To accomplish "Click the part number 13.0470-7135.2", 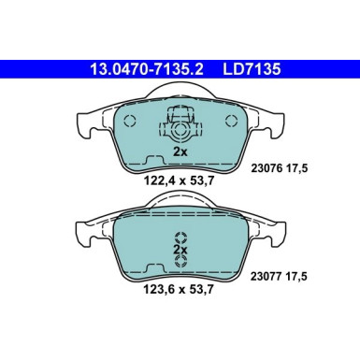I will click(x=140, y=68).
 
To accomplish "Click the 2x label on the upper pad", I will click(x=181, y=150).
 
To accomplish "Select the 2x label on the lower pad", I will click(x=181, y=251).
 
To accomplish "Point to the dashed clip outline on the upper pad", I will click(x=181, y=122).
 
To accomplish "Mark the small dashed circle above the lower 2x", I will click(x=181, y=238).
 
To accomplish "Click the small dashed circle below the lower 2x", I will click(x=181, y=263).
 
